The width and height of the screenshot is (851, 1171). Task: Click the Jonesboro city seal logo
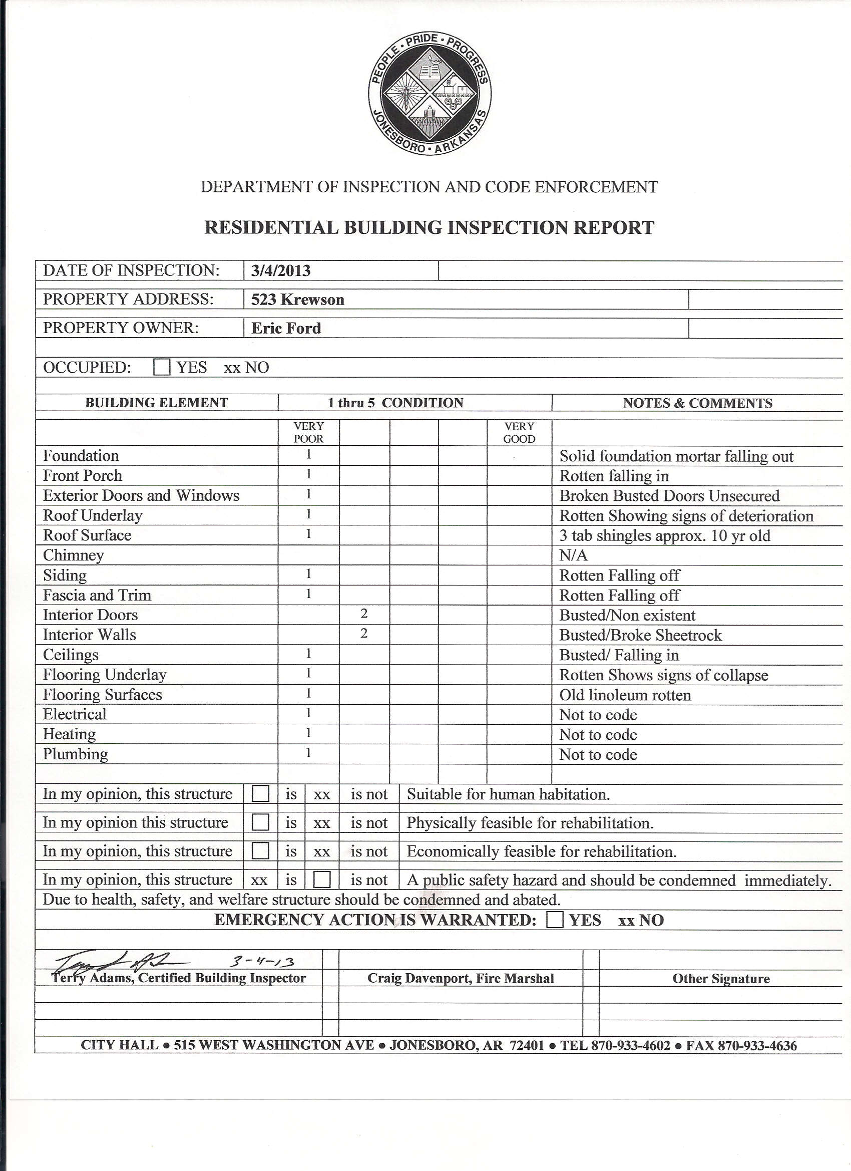[430, 94]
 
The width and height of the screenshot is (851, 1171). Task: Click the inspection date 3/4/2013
[281, 270]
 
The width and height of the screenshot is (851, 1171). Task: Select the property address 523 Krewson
[298, 300]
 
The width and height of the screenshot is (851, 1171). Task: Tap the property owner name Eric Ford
[286, 329]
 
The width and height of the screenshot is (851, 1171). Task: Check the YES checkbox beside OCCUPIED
[162, 368]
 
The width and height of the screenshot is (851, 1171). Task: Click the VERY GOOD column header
[519, 432]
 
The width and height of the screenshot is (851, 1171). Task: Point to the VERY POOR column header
[308, 432]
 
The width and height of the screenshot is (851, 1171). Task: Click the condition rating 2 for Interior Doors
[364, 614]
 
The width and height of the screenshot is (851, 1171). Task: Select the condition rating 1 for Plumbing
[308, 753]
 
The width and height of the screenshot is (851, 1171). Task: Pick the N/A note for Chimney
[573, 555]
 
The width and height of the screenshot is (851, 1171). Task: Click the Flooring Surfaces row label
[102, 695]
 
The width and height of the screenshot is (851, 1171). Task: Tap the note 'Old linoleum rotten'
[625, 695]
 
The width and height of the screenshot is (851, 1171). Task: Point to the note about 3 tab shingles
[665, 535]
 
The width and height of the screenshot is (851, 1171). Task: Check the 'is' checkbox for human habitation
[260, 793]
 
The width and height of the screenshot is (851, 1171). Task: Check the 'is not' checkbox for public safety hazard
[322, 880]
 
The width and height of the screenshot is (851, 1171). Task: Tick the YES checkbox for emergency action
[555, 920]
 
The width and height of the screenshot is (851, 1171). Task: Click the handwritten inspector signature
[119, 961]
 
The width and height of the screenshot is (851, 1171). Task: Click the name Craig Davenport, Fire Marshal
[461, 978]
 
